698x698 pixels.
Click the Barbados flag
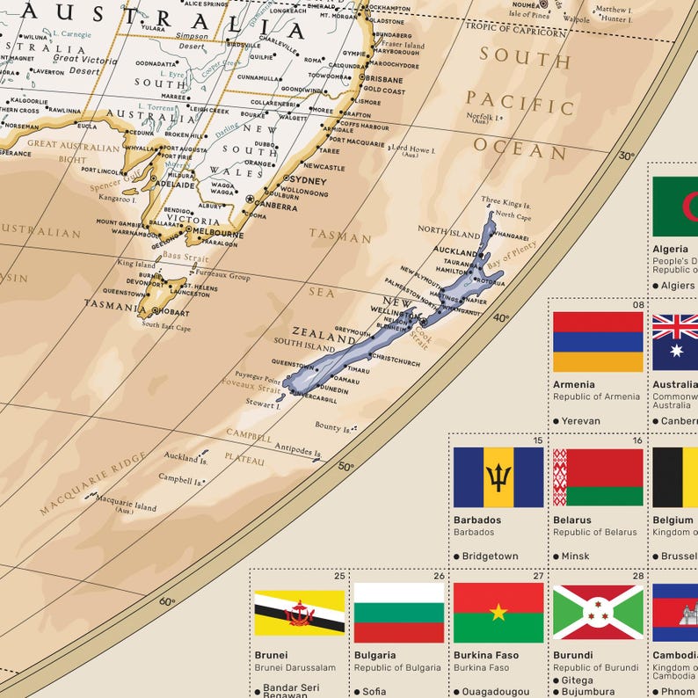(498, 477)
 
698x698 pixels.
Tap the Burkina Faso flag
(498, 613)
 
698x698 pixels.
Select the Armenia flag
(598, 341)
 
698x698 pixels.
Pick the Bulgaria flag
(399, 613)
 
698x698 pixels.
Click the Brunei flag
(299, 613)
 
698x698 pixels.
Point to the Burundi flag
(598, 613)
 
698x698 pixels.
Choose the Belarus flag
(598, 477)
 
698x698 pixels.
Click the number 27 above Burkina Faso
(538, 577)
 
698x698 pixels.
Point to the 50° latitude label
(345, 467)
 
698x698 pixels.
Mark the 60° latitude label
(167, 602)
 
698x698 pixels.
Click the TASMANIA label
(115, 306)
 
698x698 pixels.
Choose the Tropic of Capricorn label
(515, 33)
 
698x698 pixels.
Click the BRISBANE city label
(386, 78)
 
